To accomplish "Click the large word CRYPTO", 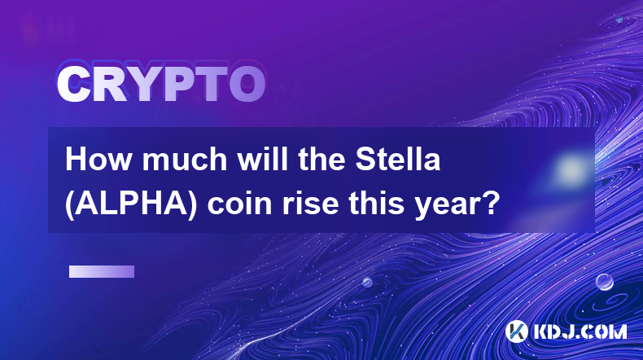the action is click(x=161, y=84).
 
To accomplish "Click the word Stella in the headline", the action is click(x=398, y=160).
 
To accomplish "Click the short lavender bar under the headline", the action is click(x=102, y=272).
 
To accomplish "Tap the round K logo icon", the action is click(x=516, y=331).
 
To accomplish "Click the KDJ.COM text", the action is click(x=580, y=331).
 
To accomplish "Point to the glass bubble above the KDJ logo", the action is click(x=604, y=282).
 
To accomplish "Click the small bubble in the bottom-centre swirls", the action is click(x=367, y=282).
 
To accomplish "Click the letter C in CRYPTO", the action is click(x=73, y=84).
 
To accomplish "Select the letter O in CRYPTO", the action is click(x=247, y=84).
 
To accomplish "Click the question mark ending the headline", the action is click(x=492, y=203).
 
